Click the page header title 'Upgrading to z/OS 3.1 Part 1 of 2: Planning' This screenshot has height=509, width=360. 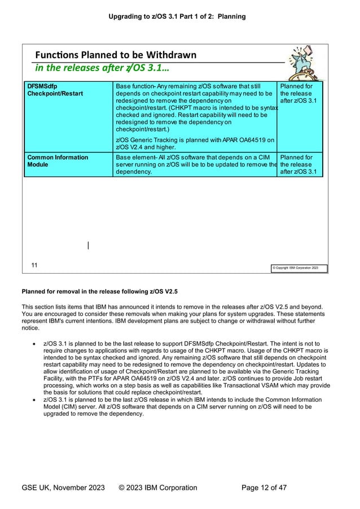(x=177, y=16)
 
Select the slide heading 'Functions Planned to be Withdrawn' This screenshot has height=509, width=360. (x=116, y=55)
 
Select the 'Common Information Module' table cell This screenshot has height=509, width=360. (x=68, y=161)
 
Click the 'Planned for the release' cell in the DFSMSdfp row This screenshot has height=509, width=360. (x=300, y=93)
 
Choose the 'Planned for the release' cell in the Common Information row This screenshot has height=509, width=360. (x=300, y=164)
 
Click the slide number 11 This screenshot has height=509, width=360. (x=34, y=265)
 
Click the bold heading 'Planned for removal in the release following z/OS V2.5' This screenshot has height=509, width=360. (x=99, y=292)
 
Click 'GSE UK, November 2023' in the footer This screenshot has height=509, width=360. (x=63, y=488)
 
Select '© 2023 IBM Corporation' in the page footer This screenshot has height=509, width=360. (x=158, y=488)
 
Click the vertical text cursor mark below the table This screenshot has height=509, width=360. (x=88, y=245)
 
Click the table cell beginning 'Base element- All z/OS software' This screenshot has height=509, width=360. (x=195, y=164)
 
